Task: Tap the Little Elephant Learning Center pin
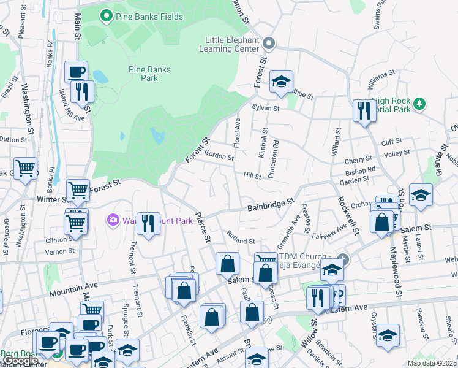pyautogui.click(x=269, y=44)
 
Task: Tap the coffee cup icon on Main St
pyautogui.click(x=77, y=72)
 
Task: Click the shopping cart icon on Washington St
pyautogui.click(x=25, y=168)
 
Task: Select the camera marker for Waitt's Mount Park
pyautogui.click(x=113, y=219)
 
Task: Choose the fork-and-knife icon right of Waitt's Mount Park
pyautogui.click(x=148, y=223)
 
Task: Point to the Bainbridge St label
pyautogui.click(x=271, y=204)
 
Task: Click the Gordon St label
pyautogui.click(x=219, y=155)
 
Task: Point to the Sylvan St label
pyautogui.click(x=266, y=108)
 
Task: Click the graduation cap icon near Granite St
pyautogui.click(x=421, y=195)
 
